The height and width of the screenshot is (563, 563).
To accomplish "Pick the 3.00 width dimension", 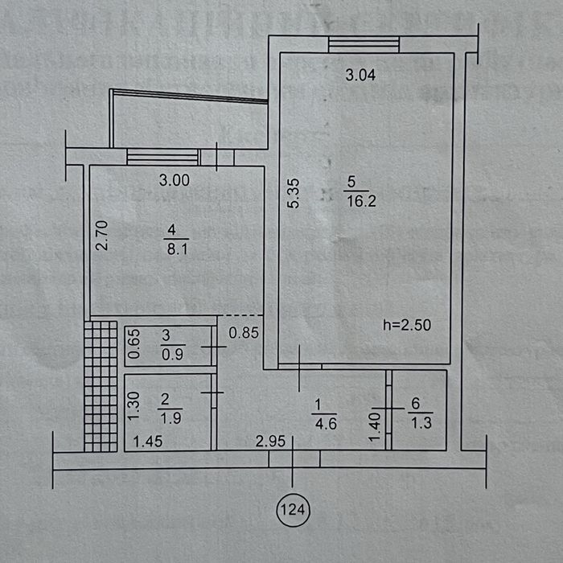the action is coord(174,180).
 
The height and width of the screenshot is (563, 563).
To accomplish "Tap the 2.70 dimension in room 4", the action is coord(102,236).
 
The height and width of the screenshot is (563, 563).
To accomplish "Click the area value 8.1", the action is coord(174,249).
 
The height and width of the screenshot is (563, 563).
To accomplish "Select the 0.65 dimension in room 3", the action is coord(135,344).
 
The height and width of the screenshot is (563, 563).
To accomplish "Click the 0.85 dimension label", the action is coord(243,331).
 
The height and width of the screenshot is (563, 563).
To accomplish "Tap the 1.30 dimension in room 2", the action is coord(135,408).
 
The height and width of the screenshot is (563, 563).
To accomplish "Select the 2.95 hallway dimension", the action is coord(271,441).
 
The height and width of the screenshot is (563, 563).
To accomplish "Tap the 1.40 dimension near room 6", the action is coord(374,425).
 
